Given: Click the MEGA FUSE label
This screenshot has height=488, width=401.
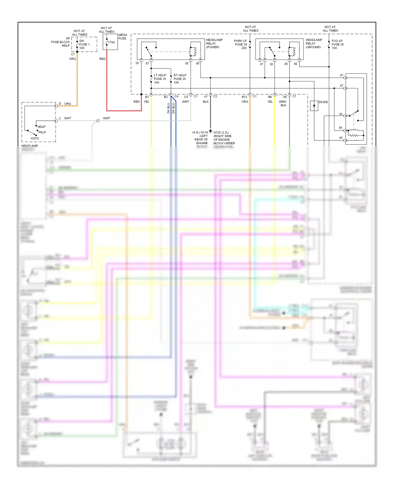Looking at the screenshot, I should pos(123,37).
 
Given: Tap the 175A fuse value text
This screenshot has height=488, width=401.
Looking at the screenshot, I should pos(111,42).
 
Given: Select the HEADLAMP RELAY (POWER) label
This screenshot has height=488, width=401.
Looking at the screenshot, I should pos(214,44).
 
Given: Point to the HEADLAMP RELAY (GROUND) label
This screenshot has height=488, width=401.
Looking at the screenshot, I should pos(314,44).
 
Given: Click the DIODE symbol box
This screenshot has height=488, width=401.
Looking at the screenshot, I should pos(314,106).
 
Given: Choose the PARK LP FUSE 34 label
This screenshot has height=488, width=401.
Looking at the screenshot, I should pos(241,44).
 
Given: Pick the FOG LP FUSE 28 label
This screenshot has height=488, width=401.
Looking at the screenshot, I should pos(337,44).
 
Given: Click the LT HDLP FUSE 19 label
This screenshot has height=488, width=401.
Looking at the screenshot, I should pos(160,79).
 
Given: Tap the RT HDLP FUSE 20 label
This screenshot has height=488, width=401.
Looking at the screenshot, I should pos(180,79).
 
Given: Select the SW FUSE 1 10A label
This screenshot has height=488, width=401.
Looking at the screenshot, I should pos(84,44).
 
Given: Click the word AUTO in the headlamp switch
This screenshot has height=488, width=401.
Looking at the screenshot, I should pos(35,138).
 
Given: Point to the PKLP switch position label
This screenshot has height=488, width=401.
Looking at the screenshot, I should pos(42,132).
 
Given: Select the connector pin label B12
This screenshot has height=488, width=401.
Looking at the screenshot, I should pos(244,97).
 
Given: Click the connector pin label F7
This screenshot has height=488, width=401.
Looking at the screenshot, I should pos(206,97).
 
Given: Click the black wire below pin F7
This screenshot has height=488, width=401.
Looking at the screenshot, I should pos(210,115).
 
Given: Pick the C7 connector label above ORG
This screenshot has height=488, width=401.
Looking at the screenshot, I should pos(73,54).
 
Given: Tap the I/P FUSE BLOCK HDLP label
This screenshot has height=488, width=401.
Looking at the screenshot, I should pos(61,42).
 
